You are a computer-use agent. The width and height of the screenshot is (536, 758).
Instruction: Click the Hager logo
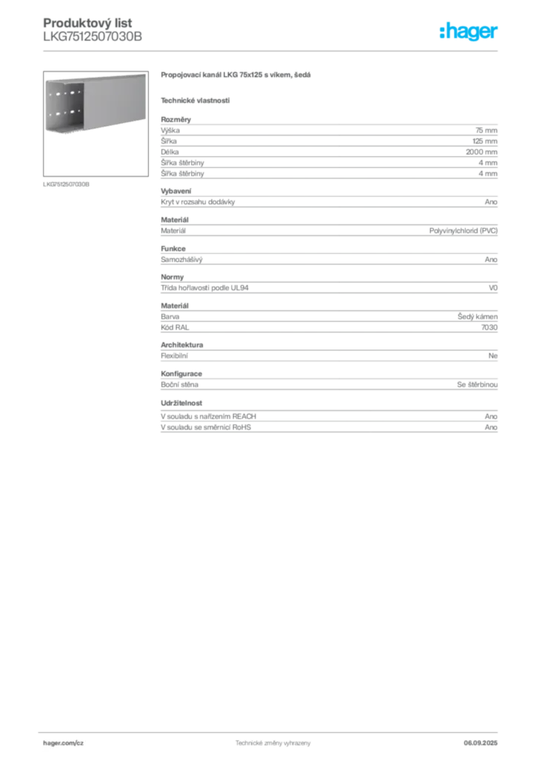(469, 31)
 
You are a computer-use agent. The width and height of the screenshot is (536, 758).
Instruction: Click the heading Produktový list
(87, 23)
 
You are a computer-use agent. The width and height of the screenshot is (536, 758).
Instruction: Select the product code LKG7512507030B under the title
(93, 37)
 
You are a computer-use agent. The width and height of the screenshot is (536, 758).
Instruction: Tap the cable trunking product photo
(96, 124)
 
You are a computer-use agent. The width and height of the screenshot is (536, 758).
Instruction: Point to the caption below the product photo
(66, 184)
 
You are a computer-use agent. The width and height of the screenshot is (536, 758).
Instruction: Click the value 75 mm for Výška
(486, 130)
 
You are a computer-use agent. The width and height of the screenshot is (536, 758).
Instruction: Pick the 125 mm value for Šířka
(485, 141)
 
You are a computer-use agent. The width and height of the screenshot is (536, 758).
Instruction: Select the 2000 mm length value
(481, 152)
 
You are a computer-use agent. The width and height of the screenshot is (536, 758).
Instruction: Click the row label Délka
(170, 152)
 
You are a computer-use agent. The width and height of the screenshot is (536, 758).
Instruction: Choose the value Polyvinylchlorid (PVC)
(463, 231)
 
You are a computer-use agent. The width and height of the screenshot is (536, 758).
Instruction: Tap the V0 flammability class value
(493, 288)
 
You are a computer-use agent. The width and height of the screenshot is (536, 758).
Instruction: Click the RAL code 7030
(489, 327)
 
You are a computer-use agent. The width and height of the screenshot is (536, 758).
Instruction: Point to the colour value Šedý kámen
(478, 317)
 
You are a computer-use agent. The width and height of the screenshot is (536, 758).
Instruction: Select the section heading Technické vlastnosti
(195, 101)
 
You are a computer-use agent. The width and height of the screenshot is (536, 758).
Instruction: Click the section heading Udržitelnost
(181, 403)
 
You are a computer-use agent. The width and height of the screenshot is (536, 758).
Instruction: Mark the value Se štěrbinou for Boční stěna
(477, 384)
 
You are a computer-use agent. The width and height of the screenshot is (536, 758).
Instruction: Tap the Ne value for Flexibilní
(493, 356)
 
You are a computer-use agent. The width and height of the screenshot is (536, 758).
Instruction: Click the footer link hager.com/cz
(64, 743)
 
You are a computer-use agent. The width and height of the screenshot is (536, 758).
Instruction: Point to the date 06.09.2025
(480, 743)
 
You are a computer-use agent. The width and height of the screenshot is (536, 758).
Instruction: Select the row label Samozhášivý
(181, 260)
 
